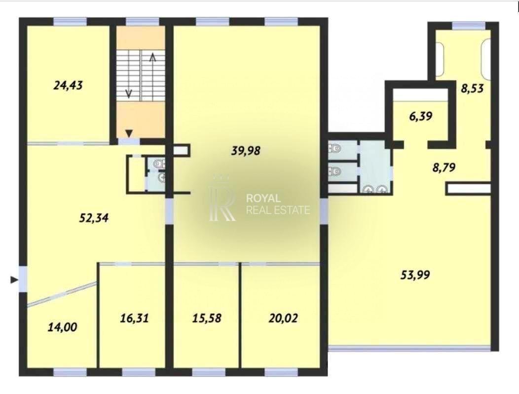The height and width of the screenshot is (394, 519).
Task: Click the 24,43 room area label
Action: (x=68, y=86)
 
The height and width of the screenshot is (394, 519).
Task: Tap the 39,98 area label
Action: (x=246, y=151)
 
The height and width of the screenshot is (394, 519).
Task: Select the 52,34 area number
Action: (x=94, y=218)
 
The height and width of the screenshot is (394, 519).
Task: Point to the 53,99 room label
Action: (x=415, y=275)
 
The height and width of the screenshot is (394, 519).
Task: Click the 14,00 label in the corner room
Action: (x=63, y=327)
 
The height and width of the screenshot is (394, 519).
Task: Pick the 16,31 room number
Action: (x=134, y=318)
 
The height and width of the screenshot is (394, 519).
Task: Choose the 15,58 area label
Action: (x=207, y=318)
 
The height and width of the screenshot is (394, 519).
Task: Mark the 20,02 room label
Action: (x=283, y=318)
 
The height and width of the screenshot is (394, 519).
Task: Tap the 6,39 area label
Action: (x=421, y=116)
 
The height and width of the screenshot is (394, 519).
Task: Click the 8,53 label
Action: (x=472, y=88)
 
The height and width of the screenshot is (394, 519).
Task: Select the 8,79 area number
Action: (x=444, y=167)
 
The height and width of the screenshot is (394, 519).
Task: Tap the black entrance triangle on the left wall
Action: (x=14, y=280)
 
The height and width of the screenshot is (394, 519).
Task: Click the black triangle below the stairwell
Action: (x=129, y=133)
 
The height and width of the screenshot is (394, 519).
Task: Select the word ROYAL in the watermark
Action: (x=263, y=198)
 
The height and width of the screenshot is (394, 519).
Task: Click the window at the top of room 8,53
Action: (x=469, y=26)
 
